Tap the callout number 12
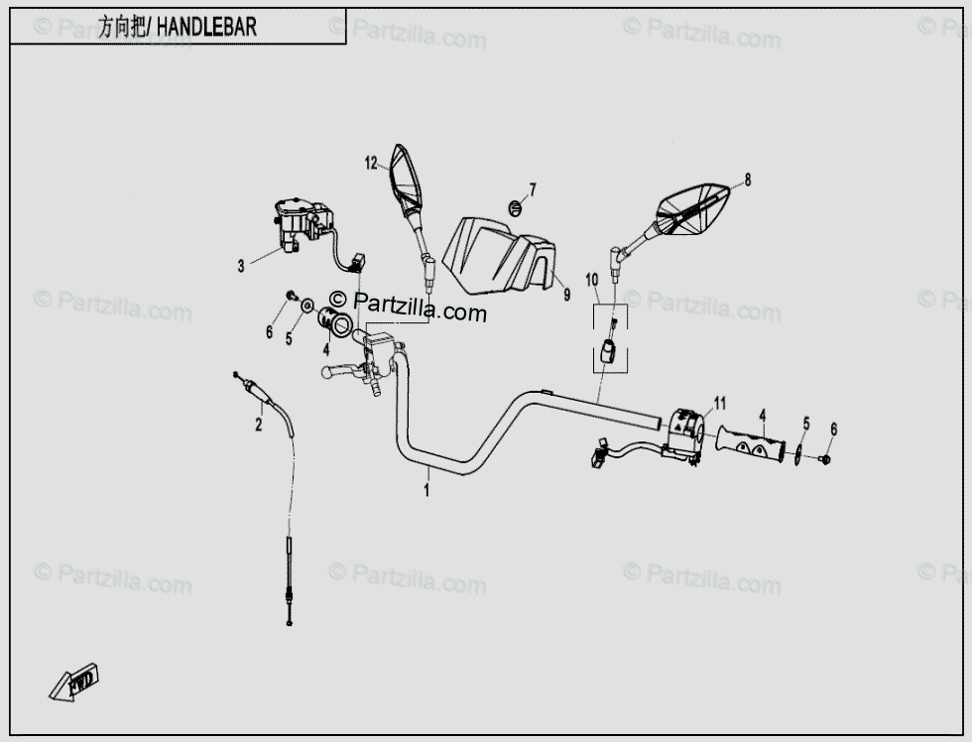pyautogui.click(x=371, y=164)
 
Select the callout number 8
pyautogui.click(x=747, y=180)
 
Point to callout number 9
pyautogui.click(x=566, y=295)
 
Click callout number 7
pyautogui.click(x=533, y=188)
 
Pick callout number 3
pyautogui.click(x=240, y=266)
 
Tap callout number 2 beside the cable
pyautogui.click(x=259, y=426)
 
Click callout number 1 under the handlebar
pyautogui.click(x=427, y=489)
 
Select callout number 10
pyautogui.click(x=592, y=281)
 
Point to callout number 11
pyautogui.click(x=720, y=403)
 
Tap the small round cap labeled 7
pyautogui.click(x=514, y=207)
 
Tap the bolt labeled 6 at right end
pyautogui.click(x=825, y=458)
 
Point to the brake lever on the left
pyautogui.click(x=342, y=372)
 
